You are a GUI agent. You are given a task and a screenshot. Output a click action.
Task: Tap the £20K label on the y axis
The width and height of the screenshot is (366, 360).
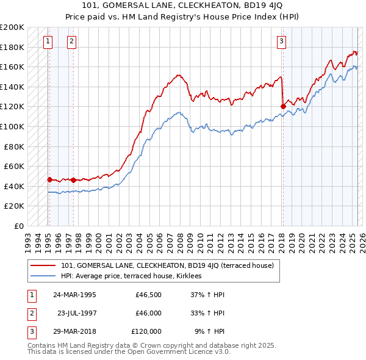[14, 206]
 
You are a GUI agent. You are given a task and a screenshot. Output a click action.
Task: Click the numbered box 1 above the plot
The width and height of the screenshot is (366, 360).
[48, 41]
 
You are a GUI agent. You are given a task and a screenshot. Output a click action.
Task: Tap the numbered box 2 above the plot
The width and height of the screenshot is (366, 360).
[71, 41]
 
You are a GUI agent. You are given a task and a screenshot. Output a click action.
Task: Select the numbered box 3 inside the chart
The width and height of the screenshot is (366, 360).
[281, 41]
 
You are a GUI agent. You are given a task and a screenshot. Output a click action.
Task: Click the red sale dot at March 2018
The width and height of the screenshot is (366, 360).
[283, 106]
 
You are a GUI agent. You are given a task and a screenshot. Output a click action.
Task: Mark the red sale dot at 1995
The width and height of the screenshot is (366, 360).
[49, 179]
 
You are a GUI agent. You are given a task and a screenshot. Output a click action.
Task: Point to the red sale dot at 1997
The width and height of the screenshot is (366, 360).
[73, 180]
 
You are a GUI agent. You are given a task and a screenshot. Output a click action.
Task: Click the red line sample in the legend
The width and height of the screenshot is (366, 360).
[44, 265]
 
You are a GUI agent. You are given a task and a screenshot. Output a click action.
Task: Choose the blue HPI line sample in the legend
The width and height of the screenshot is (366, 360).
[44, 276]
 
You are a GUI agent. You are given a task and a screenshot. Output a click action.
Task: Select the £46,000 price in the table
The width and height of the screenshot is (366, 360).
[148, 313]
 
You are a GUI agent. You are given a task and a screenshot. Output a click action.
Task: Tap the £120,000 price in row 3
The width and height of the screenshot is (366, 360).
[146, 331]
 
